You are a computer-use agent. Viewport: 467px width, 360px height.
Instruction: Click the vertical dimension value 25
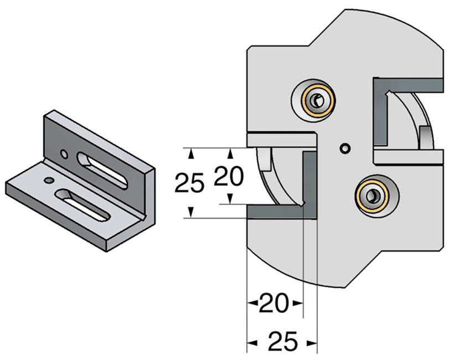(x=189, y=183)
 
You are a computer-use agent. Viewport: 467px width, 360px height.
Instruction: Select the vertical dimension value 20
(x=229, y=177)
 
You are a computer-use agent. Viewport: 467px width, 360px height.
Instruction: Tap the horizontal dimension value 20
(x=274, y=304)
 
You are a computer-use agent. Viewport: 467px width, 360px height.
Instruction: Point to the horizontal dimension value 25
(x=283, y=342)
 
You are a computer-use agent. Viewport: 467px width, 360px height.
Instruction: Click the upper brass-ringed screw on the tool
(x=316, y=101)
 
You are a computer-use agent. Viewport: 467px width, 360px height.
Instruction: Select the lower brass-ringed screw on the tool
(x=372, y=196)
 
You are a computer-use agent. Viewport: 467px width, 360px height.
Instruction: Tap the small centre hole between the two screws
(x=345, y=148)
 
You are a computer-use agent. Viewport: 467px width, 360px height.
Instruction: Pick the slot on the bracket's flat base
(x=84, y=204)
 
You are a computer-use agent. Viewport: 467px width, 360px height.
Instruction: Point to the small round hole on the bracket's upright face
(x=64, y=154)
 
